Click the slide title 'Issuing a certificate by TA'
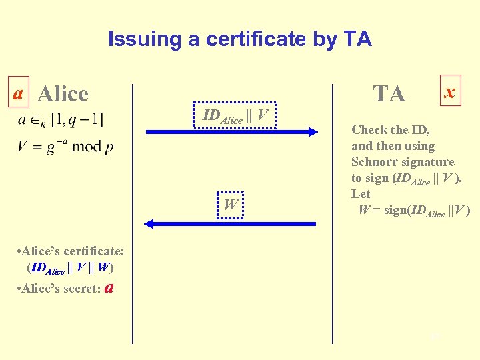click(239, 39)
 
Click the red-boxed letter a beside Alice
click(20, 93)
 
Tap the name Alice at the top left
click(63, 94)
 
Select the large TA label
click(389, 94)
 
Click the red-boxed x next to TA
click(450, 91)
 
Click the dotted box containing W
click(231, 205)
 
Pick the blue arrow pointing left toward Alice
click(231, 224)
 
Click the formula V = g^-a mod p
click(65, 146)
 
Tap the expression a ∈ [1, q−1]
click(61, 120)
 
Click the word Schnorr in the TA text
click(375, 162)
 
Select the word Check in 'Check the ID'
click(370, 130)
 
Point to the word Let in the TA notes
click(361, 194)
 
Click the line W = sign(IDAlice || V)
click(414, 211)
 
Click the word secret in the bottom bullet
click(81, 289)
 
